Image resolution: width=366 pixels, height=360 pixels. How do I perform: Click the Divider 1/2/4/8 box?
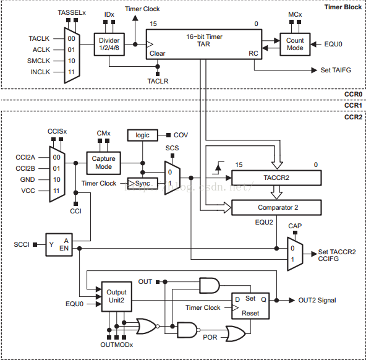pyautogui.click(x=109, y=45)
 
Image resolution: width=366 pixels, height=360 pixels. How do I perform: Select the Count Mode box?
pyautogui.click(x=295, y=45)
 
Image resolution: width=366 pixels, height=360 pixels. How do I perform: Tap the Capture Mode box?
pyautogui.click(x=104, y=163)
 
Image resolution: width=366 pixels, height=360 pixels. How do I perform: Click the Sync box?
pyautogui.click(x=143, y=183)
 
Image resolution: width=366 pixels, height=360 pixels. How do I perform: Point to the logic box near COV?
pyautogui.click(x=143, y=135)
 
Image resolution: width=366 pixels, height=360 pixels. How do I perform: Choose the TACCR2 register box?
pyautogui.click(x=276, y=178)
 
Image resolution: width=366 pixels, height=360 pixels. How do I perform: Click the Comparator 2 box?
pyautogui.click(x=276, y=208)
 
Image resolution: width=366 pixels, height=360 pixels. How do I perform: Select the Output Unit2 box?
pyautogui.click(x=116, y=296)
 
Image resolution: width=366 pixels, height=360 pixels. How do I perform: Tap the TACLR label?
pyautogui.click(x=158, y=81)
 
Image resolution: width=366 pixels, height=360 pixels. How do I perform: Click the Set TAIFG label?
pyautogui.click(x=336, y=70)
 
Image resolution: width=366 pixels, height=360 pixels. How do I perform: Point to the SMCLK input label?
pyautogui.click(x=38, y=61)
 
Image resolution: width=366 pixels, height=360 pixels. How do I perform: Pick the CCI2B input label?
pyautogui.click(x=25, y=169)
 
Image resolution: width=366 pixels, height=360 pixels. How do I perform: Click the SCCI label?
pyautogui.click(x=22, y=244)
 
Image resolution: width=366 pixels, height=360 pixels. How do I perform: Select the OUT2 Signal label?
pyautogui.click(x=317, y=300)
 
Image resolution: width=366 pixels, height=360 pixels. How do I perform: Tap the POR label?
pyautogui.click(x=210, y=337)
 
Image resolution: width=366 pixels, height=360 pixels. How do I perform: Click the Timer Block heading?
pyautogui.click(x=343, y=7)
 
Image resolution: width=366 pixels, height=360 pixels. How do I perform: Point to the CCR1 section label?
pyautogui.click(x=354, y=106)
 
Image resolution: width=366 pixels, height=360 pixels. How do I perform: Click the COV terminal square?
pyautogui.click(x=168, y=135)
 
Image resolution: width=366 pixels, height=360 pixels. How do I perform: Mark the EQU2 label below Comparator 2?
pyautogui.click(x=264, y=222)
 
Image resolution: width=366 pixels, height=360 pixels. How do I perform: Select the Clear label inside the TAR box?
pyautogui.click(x=157, y=53)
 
